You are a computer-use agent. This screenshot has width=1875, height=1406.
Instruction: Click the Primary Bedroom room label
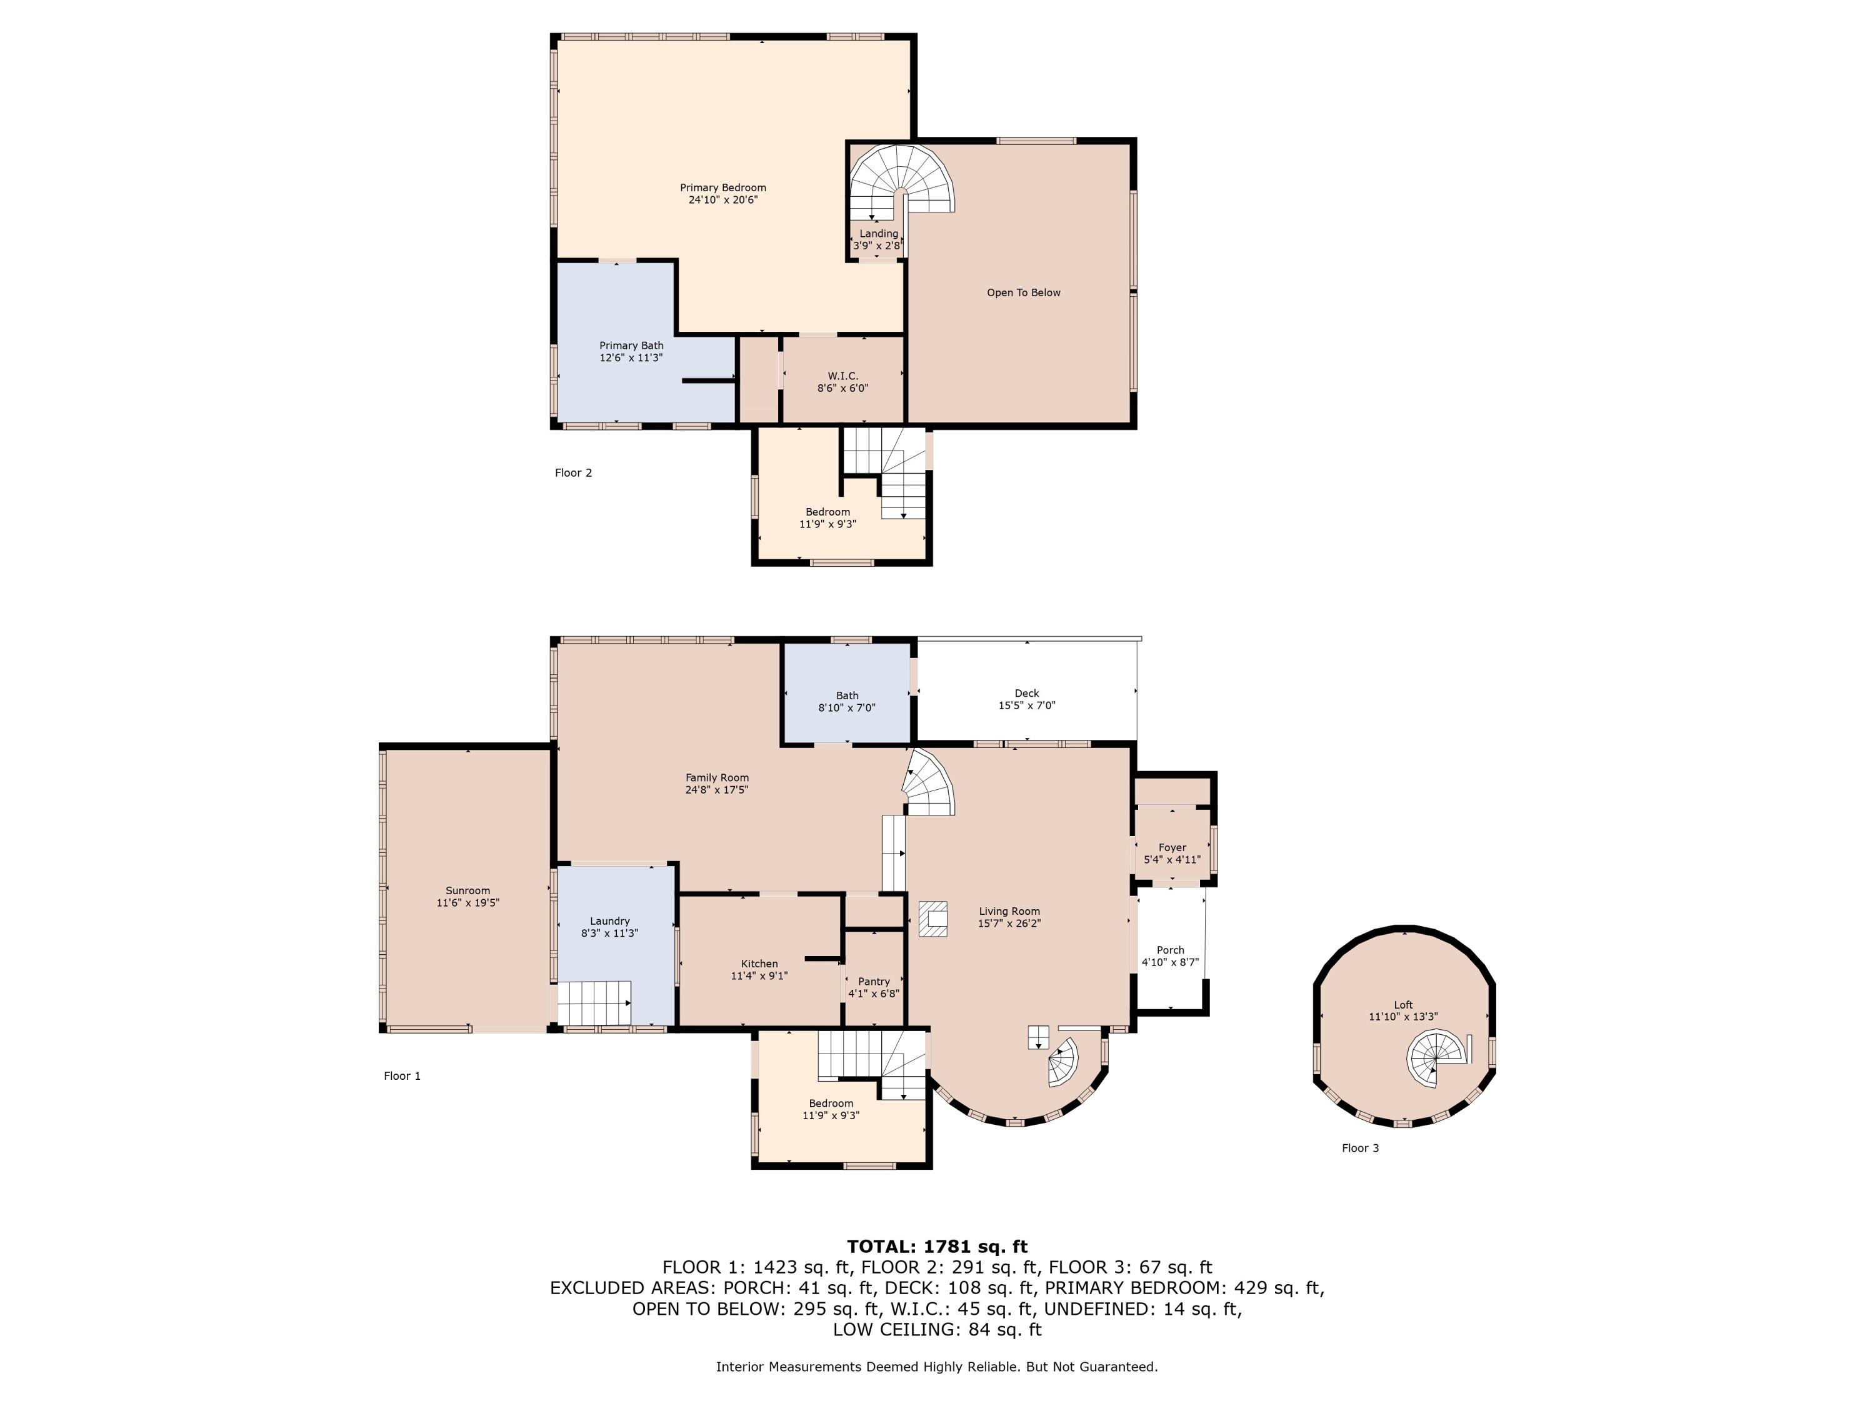tap(723, 188)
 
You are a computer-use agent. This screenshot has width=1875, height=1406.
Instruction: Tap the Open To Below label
tap(1023, 292)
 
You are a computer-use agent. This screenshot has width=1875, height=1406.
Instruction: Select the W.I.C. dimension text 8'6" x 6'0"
tap(842, 388)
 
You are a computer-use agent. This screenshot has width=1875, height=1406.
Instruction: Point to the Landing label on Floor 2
tap(878, 234)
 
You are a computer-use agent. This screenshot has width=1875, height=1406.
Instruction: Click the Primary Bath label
tap(631, 346)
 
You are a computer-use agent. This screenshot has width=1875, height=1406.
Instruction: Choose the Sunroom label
tap(468, 890)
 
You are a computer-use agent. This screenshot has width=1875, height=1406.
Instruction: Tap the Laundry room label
tap(609, 921)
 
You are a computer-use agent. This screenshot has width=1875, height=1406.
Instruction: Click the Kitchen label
tap(759, 964)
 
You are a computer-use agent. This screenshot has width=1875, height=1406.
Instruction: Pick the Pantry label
tap(874, 982)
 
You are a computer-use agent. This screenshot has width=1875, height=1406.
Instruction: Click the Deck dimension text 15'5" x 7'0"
tap(1026, 705)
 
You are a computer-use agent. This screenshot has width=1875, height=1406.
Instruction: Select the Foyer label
tap(1172, 847)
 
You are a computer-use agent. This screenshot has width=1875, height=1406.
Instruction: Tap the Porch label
tap(1171, 950)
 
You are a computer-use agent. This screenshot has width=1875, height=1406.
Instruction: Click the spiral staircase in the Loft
tap(1435, 1059)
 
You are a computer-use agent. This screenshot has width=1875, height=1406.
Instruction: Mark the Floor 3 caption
tap(1361, 1149)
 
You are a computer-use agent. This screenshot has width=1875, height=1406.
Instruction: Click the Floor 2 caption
tap(573, 473)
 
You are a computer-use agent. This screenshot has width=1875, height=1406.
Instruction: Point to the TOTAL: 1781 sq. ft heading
tap(937, 1247)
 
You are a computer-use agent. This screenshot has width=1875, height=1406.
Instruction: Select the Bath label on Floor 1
tap(847, 696)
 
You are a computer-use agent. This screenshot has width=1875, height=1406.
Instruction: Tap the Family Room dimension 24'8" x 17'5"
tap(717, 790)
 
